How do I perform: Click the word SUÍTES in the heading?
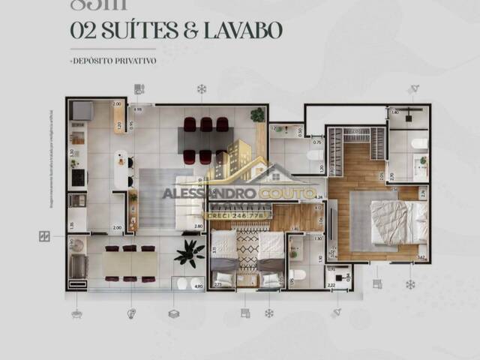pos(127,31)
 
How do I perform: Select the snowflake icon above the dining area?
pos(201,89)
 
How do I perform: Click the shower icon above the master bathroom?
pos(413,89)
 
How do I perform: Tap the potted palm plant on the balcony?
pos(188,253)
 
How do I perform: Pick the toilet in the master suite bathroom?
pos(419,143)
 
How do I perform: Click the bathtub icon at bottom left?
pos(76,313)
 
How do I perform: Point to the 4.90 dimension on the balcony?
pos(198,285)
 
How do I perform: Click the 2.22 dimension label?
pos(331,285)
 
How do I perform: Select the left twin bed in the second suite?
pos(224,260)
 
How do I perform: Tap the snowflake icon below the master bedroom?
pos(410,284)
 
